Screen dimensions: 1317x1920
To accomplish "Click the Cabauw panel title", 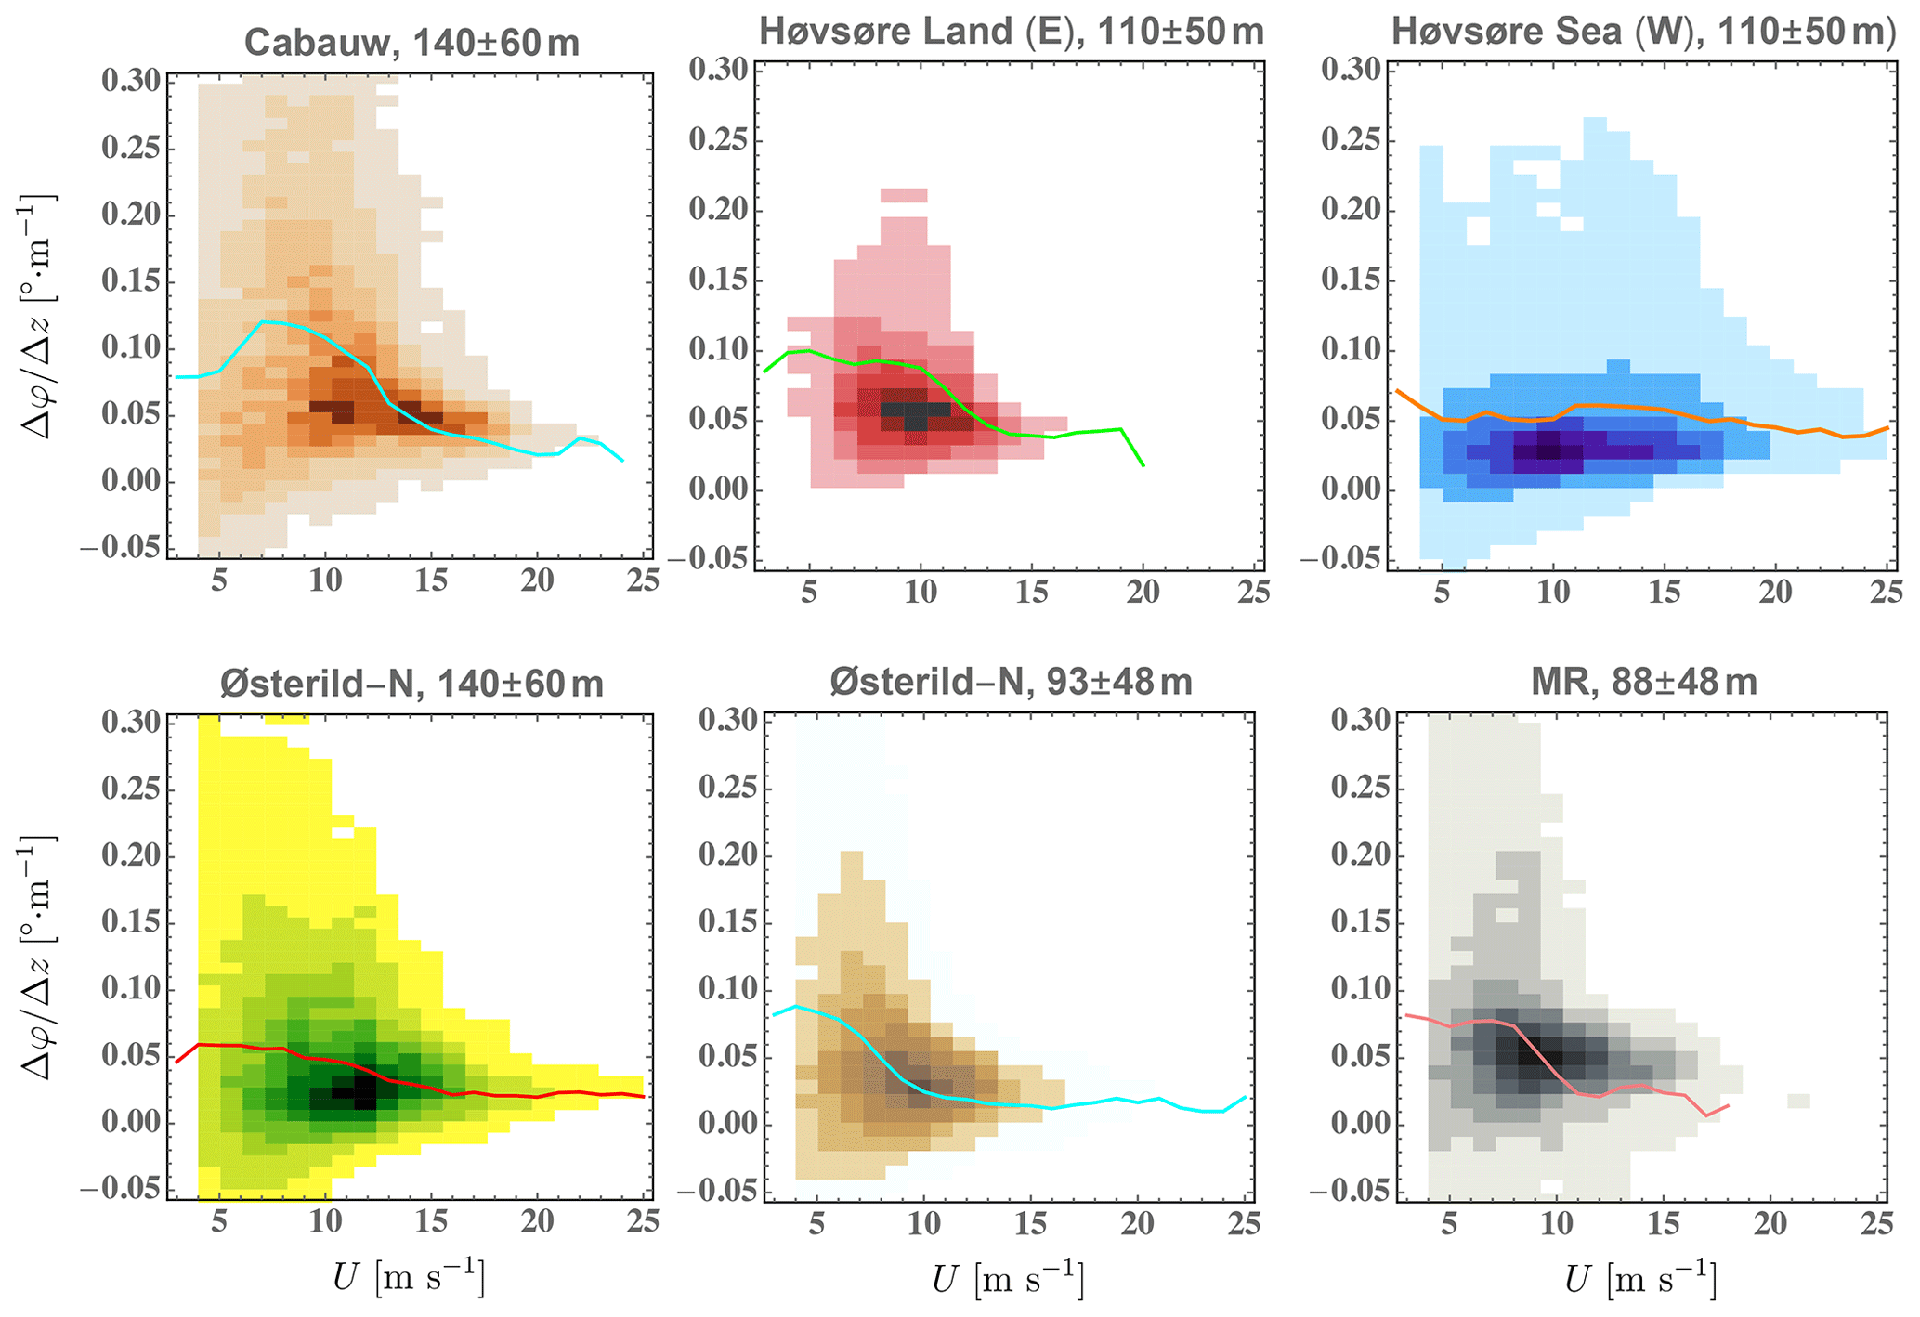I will pyautogui.click(x=411, y=43).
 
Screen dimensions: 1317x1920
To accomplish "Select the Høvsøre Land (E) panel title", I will pyautogui.click(x=1011, y=32).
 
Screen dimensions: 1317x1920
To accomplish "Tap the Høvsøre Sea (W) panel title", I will pyautogui.click(x=1643, y=32).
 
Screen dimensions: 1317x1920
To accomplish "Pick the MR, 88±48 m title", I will pyautogui.click(x=1644, y=683).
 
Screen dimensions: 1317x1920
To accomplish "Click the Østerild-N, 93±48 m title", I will pyautogui.click(x=1011, y=683).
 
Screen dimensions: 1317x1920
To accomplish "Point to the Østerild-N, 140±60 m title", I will pyautogui.click(x=411, y=685).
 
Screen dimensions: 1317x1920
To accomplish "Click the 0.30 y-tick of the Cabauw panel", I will pyautogui.click(x=130, y=81).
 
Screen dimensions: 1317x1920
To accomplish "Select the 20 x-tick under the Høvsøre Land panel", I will pyautogui.click(x=1143, y=592).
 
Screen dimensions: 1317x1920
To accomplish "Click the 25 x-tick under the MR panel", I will pyautogui.click(x=1876, y=1223).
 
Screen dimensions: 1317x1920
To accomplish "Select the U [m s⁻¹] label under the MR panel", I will pyautogui.click(x=1640, y=1280).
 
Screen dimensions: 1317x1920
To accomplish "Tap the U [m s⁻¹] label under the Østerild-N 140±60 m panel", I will pyautogui.click(x=409, y=1280).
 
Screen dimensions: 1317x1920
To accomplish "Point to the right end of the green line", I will pyautogui.click(x=1143, y=465).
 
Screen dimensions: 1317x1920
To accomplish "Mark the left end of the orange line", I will pyautogui.click(x=1397, y=391).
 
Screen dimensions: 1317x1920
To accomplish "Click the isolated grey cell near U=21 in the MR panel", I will pyautogui.click(x=1798, y=1101).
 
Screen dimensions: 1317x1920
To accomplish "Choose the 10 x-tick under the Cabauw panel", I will pyautogui.click(x=324, y=580).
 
